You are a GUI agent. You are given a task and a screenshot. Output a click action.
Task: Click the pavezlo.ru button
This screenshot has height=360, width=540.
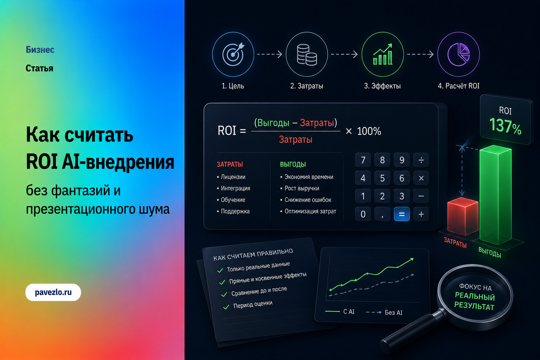pyautogui.click(x=53, y=292)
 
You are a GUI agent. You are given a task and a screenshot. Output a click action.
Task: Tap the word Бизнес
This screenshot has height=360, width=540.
pyautogui.click(x=40, y=50)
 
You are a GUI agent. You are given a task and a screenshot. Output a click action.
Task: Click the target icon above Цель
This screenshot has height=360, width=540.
pyautogui.click(x=233, y=54)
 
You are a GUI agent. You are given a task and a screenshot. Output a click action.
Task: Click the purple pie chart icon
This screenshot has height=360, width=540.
pyautogui.click(x=458, y=54)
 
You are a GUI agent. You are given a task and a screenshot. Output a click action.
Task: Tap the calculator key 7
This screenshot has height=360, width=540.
pyautogui.click(x=363, y=160)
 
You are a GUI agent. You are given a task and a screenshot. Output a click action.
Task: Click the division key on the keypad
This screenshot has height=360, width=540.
pyautogui.click(x=421, y=160)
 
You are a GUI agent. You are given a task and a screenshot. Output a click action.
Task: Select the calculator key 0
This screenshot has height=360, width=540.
pyautogui.click(x=363, y=214)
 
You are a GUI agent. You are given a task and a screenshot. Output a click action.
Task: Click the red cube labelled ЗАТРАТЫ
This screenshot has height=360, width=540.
pyautogui.click(x=463, y=216)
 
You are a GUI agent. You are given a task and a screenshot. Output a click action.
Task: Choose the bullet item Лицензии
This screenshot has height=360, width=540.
pyautogui.click(x=231, y=177)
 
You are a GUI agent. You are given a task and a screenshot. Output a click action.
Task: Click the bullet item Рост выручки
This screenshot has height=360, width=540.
pyautogui.click(x=300, y=188)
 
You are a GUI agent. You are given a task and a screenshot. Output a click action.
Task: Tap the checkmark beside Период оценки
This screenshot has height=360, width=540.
pyautogui.click(x=226, y=307)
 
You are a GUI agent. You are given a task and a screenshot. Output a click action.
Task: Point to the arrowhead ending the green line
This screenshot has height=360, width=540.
pyautogui.click(x=412, y=259)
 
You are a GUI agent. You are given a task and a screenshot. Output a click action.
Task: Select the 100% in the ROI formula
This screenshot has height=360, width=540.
pyautogui.click(x=369, y=131)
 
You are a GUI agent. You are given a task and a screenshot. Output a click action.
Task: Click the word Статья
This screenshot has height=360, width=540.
pyautogui.click(x=39, y=69)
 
